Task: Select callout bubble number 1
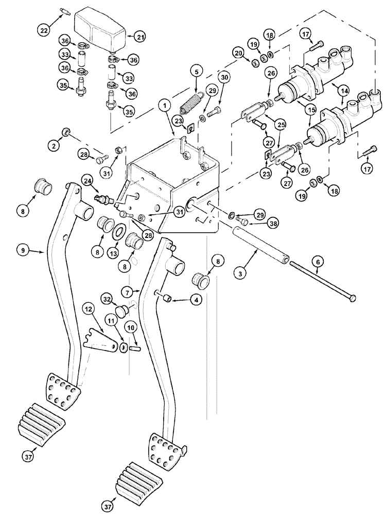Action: coord(164,106)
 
